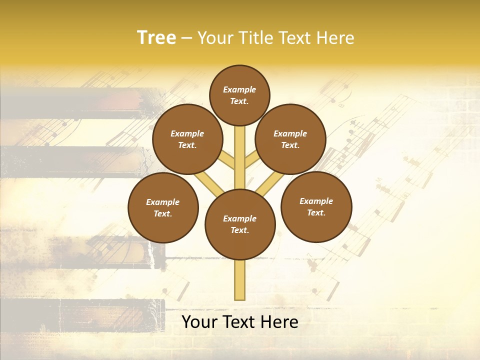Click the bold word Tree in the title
(156, 38)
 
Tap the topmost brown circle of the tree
(239, 95)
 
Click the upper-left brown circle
(187, 139)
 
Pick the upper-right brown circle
(290, 139)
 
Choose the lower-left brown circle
(163, 207)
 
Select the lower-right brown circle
(316, 206)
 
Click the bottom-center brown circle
(240, 224)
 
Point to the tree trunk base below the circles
(240, 280)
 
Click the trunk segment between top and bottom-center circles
(240, 157)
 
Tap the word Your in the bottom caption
(199, 322)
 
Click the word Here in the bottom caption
(280, 322)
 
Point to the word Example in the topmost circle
(239, 90)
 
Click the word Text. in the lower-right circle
(316, 213)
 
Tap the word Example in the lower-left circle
(163, 202)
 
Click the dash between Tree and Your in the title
(186, 38)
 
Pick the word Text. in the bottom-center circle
(239, 230)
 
